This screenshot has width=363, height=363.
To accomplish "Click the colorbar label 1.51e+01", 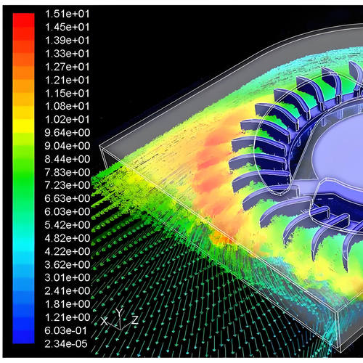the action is click(x=68, y=14).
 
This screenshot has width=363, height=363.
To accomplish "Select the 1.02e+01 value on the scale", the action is click(x=68, y=119).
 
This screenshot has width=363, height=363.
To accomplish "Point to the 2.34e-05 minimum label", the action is click(x=66, y=344).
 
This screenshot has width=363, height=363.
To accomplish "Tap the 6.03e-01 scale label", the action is click(x=66, y=330).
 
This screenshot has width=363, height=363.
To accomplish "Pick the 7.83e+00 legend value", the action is click(x=68, y=172).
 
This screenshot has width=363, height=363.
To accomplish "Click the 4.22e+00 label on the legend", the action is click(x=68, y=251).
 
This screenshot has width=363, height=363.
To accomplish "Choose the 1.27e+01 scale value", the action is click(x=68, y=67).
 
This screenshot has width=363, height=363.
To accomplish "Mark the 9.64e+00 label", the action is click(x=68, y=132).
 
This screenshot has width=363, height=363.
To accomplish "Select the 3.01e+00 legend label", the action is click(x=68, y=277).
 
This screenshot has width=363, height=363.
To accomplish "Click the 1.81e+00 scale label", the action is click(x=68, y=304).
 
